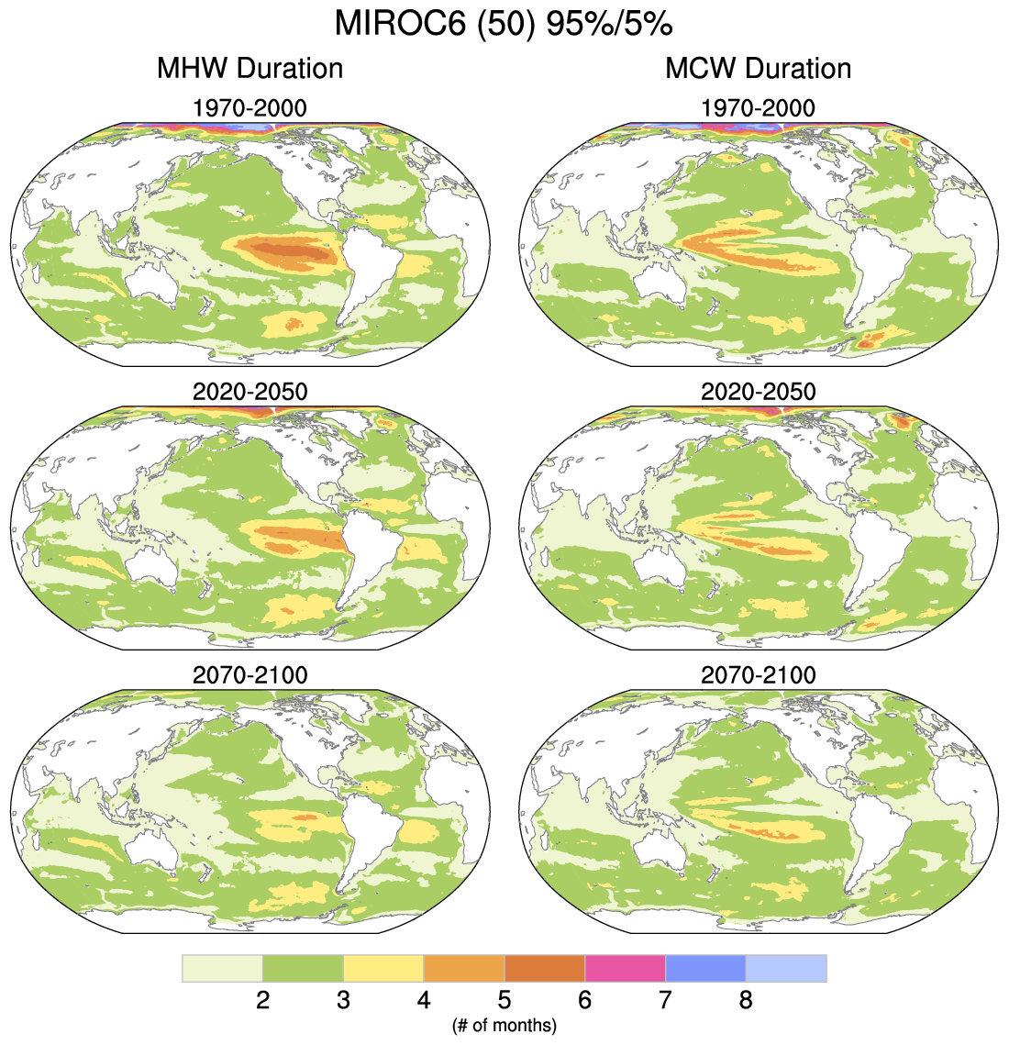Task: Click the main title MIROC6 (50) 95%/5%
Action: click(504, 24)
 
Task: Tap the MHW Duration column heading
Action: click(249, 68)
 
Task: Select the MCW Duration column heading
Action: click(758, 68)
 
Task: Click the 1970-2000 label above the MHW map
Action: click(249, 108)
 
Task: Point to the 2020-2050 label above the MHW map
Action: click(249, 392)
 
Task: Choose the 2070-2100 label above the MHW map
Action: click(249, 675)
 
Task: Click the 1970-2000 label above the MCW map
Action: click(758, 108)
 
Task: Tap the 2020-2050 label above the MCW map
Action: click(758, 392)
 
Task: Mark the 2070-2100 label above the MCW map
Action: click(758, 675)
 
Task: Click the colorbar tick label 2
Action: click(263, 1000)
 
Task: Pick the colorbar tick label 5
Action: click(504, 1000)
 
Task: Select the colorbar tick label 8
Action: click(746, 1000)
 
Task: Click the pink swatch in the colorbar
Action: click(625, 968)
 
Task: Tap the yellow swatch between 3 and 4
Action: click(383, 968)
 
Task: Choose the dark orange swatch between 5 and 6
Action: click(545, 968)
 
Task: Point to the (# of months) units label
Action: click(504, 1025)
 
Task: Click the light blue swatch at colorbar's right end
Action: click(786, 968)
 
